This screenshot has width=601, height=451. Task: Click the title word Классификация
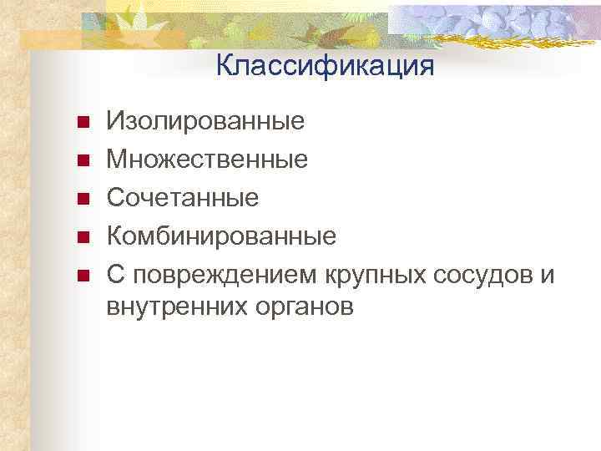[x=325, y=66]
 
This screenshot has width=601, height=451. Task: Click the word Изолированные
[x=205, y=122]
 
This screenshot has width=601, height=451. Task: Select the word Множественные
[x=207, y=159]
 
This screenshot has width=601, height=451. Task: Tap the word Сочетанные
[x=182, y=197]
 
